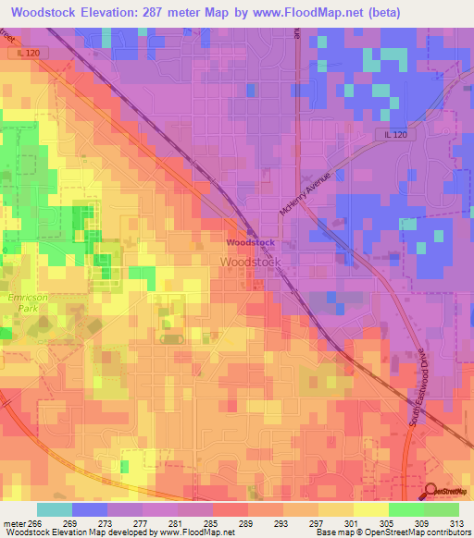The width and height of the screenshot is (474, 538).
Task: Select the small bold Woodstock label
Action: point(250,242)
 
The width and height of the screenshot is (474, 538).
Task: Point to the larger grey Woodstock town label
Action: point(250,263)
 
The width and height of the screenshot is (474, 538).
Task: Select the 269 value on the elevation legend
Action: point(69,524)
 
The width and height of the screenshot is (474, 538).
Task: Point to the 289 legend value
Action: point(247,524)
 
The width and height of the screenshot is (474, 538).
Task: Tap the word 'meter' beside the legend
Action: point(14,524)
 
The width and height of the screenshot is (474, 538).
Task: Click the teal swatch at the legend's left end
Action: point(55,509)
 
